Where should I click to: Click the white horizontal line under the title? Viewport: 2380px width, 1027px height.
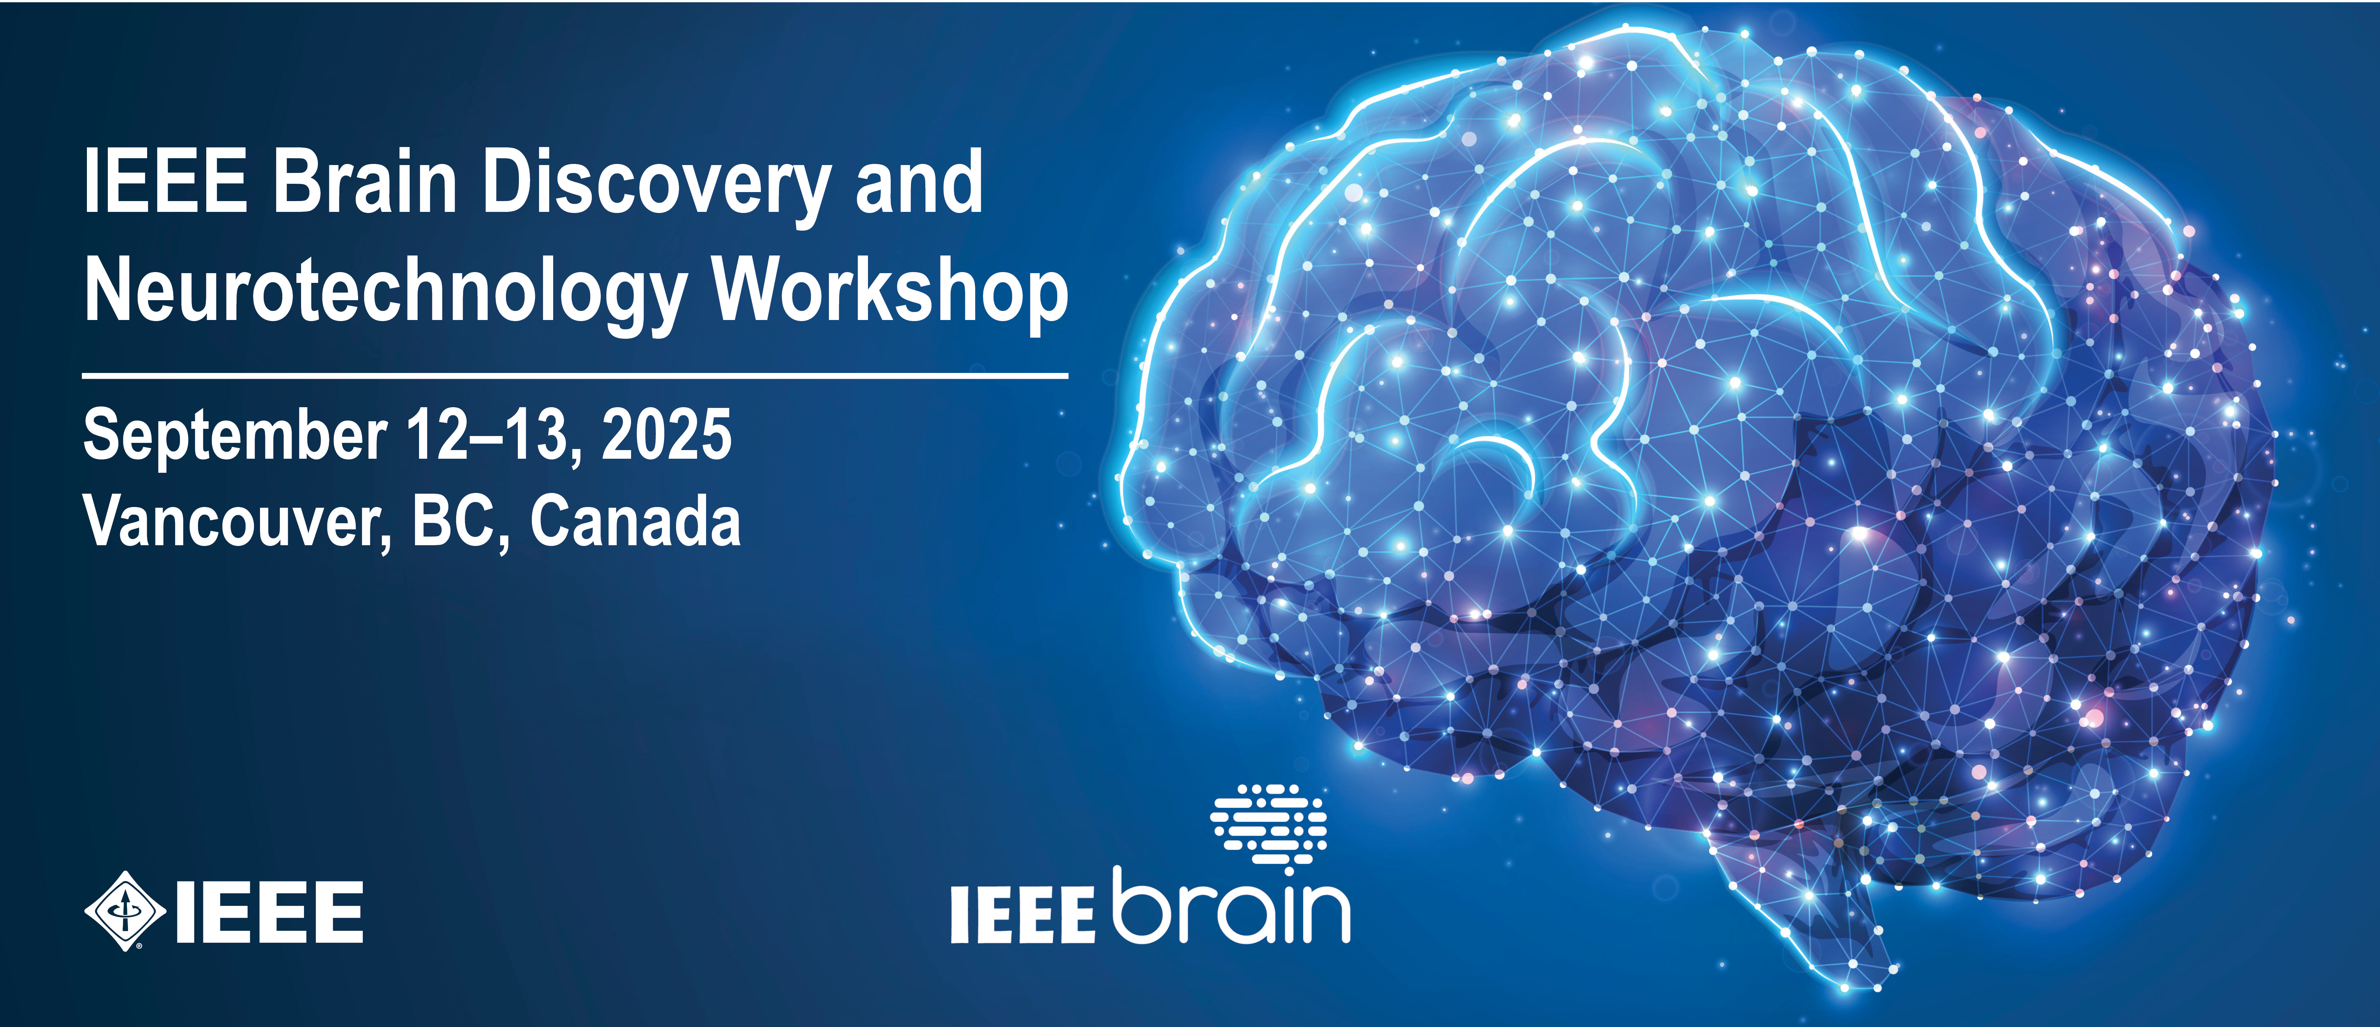coord(575,376)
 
